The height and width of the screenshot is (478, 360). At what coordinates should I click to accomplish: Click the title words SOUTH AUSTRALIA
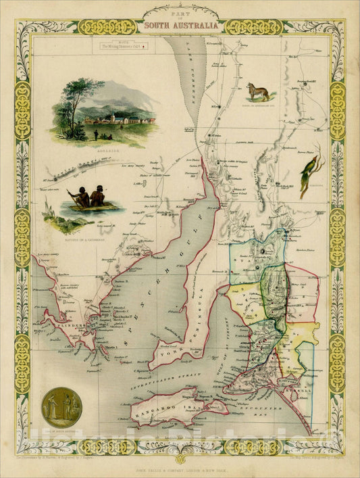(x=180, y=26)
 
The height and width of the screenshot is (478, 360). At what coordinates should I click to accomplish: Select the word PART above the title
(x=180, y=16)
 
